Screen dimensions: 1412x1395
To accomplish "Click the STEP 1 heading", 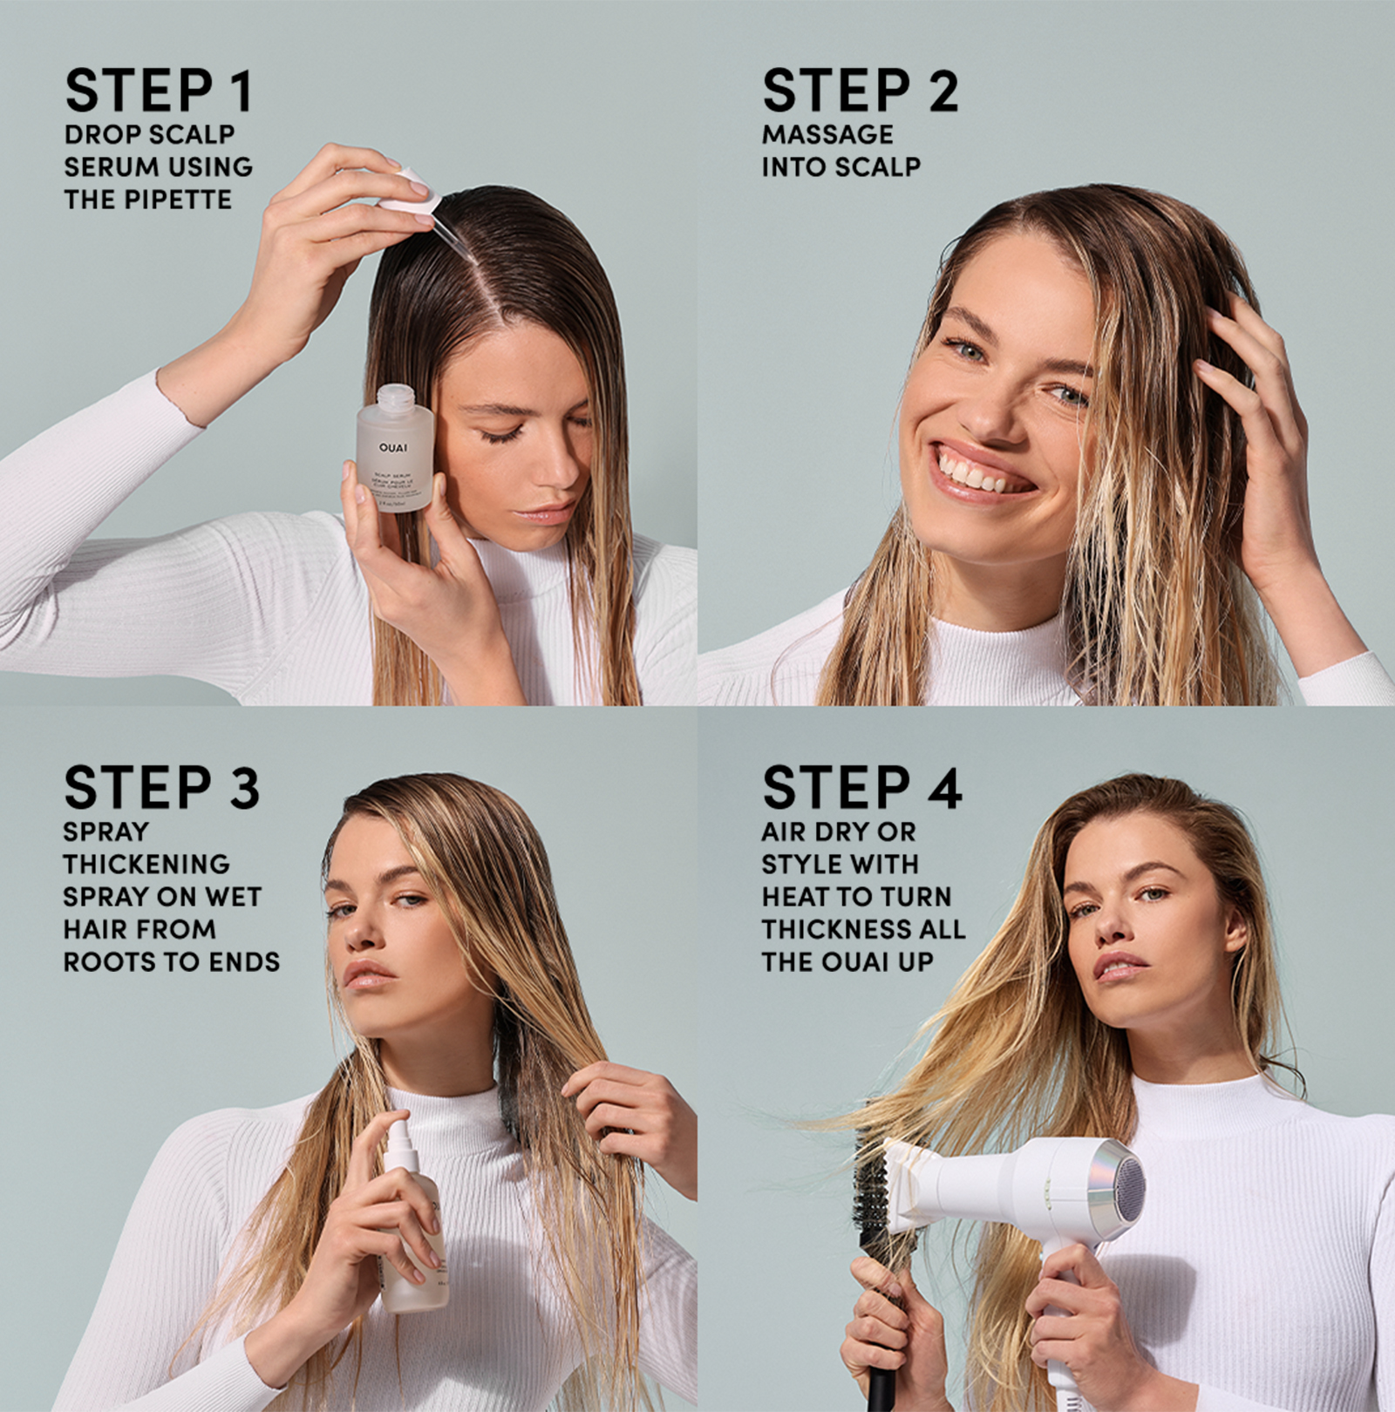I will [159, 90].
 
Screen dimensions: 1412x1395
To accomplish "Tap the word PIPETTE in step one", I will [178, 200].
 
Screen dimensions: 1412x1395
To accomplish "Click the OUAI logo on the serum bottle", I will [393, 448].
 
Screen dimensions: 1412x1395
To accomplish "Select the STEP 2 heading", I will [860, 90].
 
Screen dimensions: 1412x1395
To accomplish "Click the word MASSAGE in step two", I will [827, 134].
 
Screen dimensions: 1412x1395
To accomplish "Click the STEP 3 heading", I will [162, 787].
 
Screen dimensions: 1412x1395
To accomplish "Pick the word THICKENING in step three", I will [146, 864].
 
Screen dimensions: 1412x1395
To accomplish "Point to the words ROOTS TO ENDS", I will [172, 961].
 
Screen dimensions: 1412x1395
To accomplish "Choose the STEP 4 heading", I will [861, 787].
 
